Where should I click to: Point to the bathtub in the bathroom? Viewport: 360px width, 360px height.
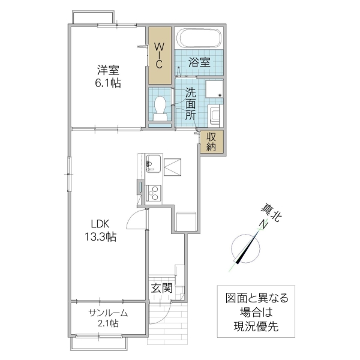coord(199,39)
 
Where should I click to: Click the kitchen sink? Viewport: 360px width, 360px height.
coord(152,163)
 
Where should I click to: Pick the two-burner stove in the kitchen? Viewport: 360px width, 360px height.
coord(152,193)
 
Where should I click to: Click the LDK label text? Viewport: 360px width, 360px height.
coord(100,223)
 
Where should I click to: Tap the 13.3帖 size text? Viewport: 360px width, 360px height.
coord(100,236)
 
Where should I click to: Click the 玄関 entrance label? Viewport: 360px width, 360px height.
coord(161,288)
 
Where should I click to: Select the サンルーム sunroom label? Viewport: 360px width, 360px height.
coord(109,313)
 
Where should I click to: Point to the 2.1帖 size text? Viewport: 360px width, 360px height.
coord(109,325)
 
